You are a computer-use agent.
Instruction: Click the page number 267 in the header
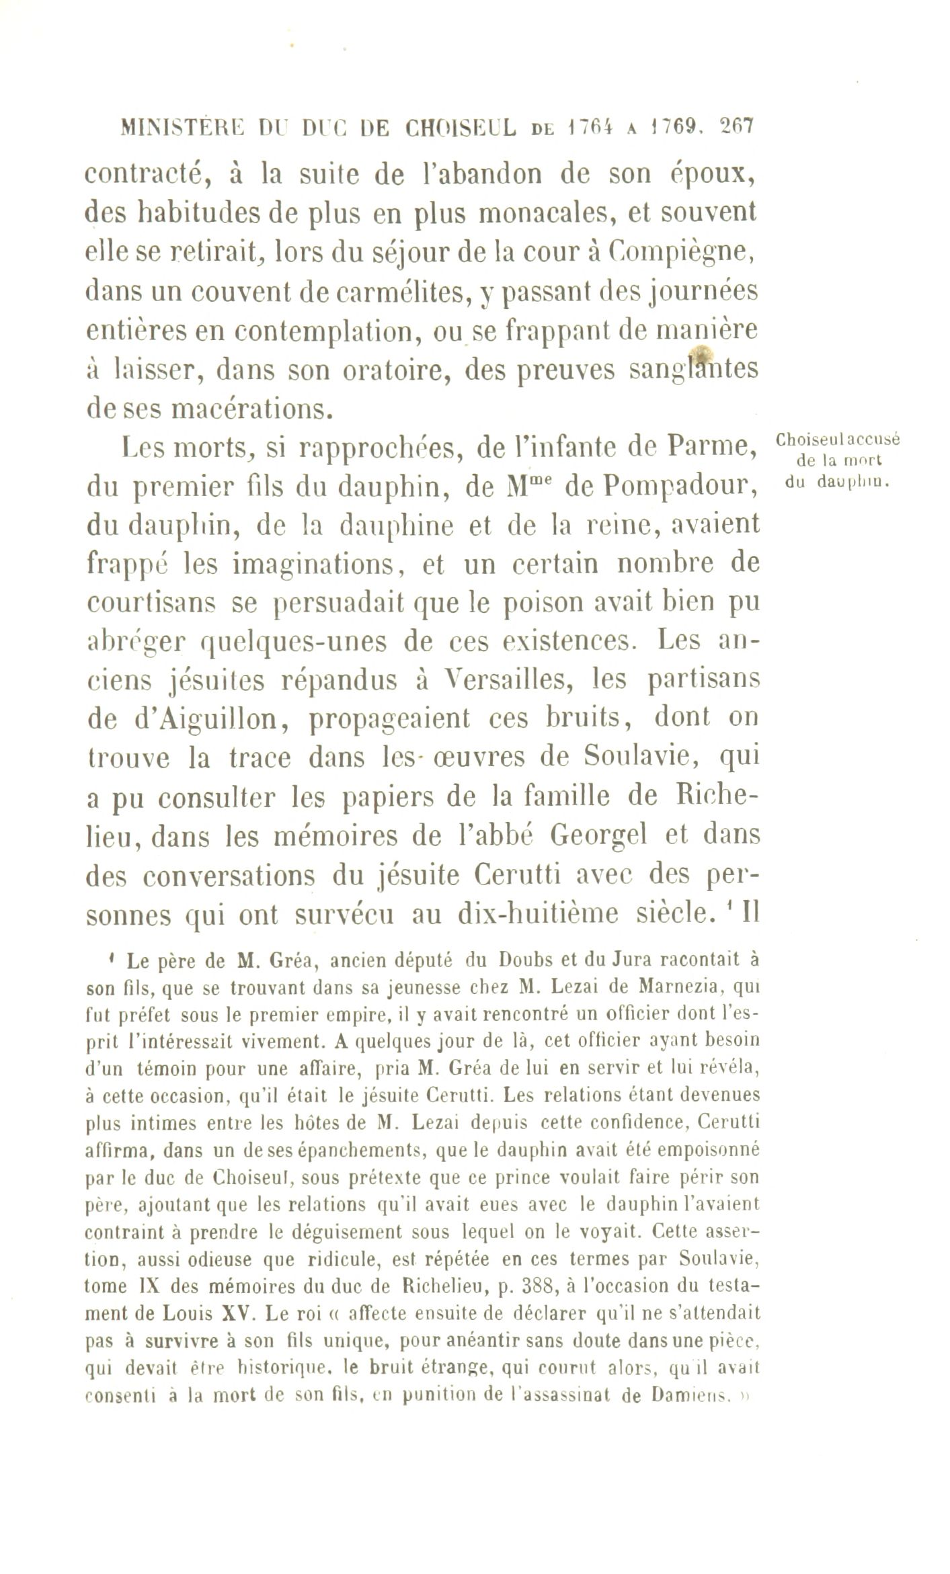[x=738, y=127]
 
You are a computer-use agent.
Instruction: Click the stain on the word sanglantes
[x=701, y=354]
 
